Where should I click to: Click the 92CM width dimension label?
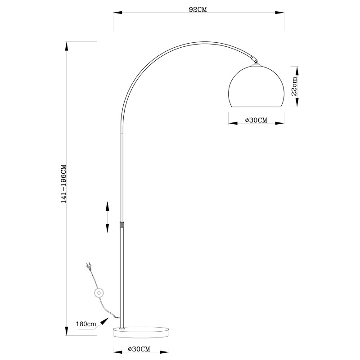[x=198, y=9]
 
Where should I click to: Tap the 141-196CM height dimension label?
[x=63, y=184]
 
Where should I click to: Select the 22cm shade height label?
[x=294, y=86]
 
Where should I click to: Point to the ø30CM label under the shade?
[x=256, y=120]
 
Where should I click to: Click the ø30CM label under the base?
[x=139, y=349]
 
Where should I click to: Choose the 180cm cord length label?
[x=86, y=324]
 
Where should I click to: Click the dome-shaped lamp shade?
[x=256, y=86]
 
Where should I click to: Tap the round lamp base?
[x=141, y=332]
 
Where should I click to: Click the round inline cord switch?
[x=99, y=293]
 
